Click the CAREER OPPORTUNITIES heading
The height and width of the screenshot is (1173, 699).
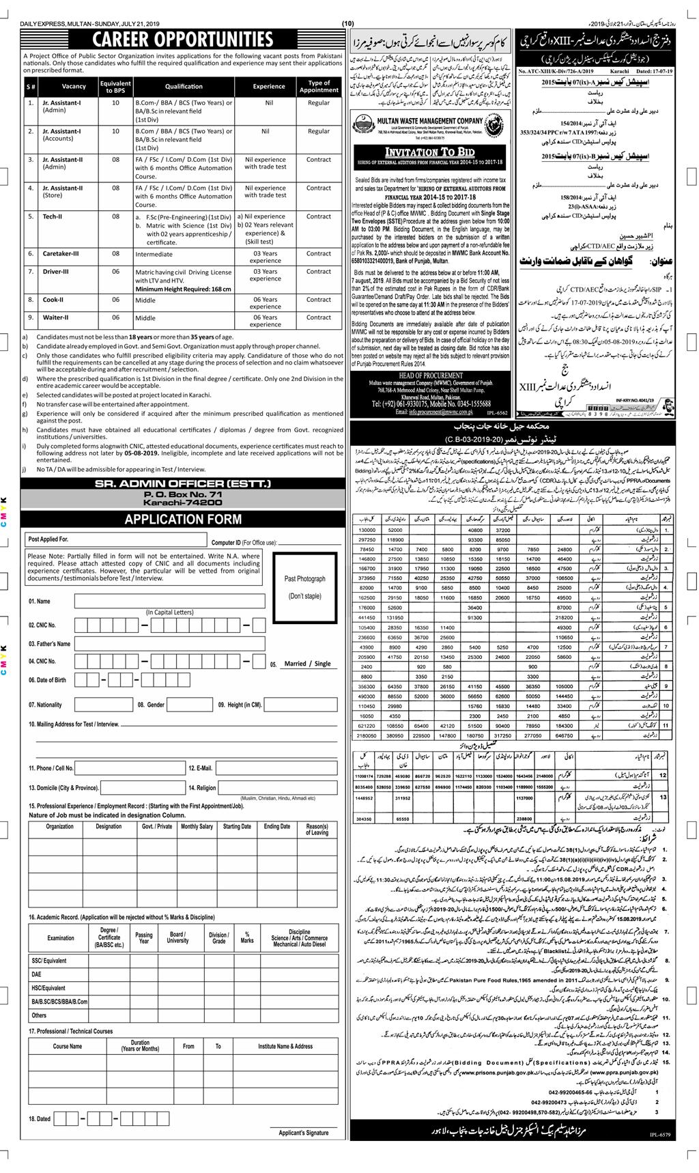click(x=182, y=40)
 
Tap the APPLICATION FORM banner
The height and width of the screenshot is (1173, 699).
click(x=182, y=519)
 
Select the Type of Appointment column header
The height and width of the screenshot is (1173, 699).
click(x=319, y=87)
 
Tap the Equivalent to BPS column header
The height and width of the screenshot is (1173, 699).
click(x=115, y=87)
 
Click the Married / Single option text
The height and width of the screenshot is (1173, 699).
click(x=307, y=664)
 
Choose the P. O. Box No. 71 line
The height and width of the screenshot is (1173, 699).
click(x=182, y=493)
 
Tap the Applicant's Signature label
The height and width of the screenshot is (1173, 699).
click(x=304, y=1133)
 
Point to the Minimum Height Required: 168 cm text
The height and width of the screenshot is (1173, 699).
click(x=183, y=289)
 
